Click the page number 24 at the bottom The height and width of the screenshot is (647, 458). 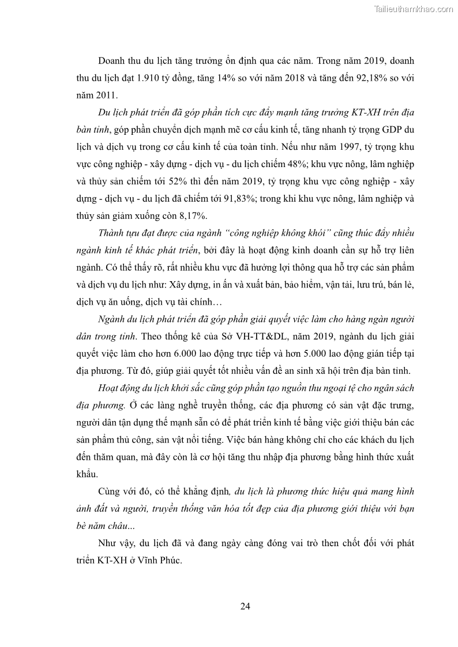(245, 606)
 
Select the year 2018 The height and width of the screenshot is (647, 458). (313, 77)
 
